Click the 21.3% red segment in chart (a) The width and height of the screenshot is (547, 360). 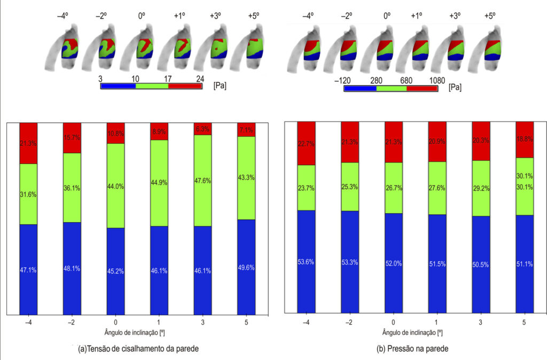point(28,143)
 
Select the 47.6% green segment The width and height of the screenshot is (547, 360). point(202,181)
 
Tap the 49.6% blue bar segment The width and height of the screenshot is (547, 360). point(246,267)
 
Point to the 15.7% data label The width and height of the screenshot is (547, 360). point(72,137)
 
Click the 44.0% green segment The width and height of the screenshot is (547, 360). point(115,185)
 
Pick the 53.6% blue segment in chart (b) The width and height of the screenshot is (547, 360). point(306,261)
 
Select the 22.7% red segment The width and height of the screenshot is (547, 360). point(306,143)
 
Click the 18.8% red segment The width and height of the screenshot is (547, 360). point(525,139)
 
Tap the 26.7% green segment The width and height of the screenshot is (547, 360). point(394,187)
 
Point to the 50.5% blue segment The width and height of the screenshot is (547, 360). point(481,264)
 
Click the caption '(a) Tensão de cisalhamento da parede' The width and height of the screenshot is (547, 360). point(138,348)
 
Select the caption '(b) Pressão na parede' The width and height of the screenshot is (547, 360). point(412,348)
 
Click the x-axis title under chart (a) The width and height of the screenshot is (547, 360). point(135,332)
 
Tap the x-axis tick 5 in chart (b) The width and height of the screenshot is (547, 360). point(524,322)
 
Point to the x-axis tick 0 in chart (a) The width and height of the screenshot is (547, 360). point(115,322)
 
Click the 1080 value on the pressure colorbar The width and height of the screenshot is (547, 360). point(437,81)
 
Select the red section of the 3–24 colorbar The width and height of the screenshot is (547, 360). point(185,86)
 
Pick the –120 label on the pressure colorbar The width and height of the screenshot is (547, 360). point(342,81)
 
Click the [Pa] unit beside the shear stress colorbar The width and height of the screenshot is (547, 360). point(220,85)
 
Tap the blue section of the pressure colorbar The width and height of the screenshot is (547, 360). point(361,89)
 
